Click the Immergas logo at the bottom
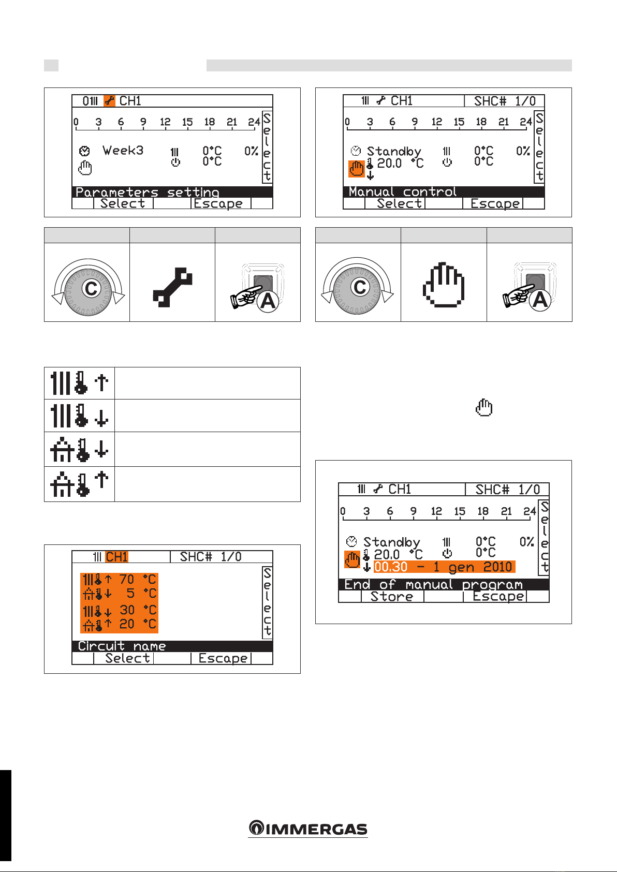[308, 828]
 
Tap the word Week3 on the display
[123, 150]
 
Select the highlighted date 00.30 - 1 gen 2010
[444, 567]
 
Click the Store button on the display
[392, 596]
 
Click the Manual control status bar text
[403, 191]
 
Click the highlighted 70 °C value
[138, 579]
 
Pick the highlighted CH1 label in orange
[116, 557]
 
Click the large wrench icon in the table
[172, 287]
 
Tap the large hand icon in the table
[444, 285]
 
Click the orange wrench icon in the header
[109, 101]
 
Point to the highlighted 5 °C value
[141, 593]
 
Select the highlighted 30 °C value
[138, 610]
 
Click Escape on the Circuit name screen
[223, 658]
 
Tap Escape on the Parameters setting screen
[218, 203]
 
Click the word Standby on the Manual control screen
[394, 151]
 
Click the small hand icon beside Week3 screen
[85, 167]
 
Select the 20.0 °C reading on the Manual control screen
[400, 163]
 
